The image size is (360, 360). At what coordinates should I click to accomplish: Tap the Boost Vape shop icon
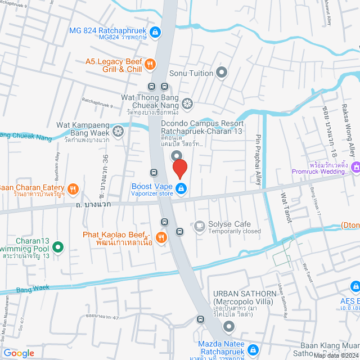181,188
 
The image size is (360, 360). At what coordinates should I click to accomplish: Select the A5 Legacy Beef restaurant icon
150,65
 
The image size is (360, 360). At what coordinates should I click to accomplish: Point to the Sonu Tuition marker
222,72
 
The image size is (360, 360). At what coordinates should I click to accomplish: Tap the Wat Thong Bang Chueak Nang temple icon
187,103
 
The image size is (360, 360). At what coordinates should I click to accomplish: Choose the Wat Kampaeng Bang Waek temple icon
118,132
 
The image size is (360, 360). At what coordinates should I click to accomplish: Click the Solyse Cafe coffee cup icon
199,226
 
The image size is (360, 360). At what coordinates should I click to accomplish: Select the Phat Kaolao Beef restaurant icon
161,237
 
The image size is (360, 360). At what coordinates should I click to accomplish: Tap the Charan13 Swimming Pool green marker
57,246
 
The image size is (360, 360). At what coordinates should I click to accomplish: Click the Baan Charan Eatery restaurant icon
73,188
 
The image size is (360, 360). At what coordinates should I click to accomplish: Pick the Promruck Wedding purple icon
355,168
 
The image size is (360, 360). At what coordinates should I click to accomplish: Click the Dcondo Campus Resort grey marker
177,156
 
